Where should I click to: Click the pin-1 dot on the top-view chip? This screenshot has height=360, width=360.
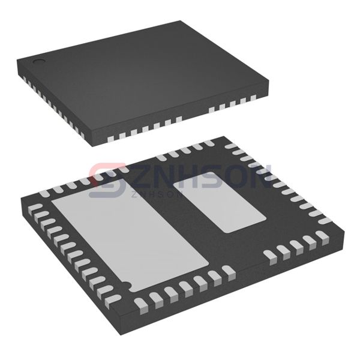(x=38, y=61)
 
